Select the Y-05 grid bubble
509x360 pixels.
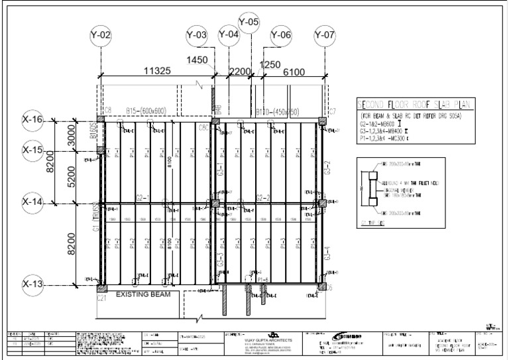point(249,23)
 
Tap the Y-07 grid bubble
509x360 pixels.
point(325,35)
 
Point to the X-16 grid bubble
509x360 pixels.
point(33,120)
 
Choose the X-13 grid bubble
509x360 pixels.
point(33,285)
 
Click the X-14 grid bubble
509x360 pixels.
point(33,201)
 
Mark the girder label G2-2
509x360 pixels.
point(263,198)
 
